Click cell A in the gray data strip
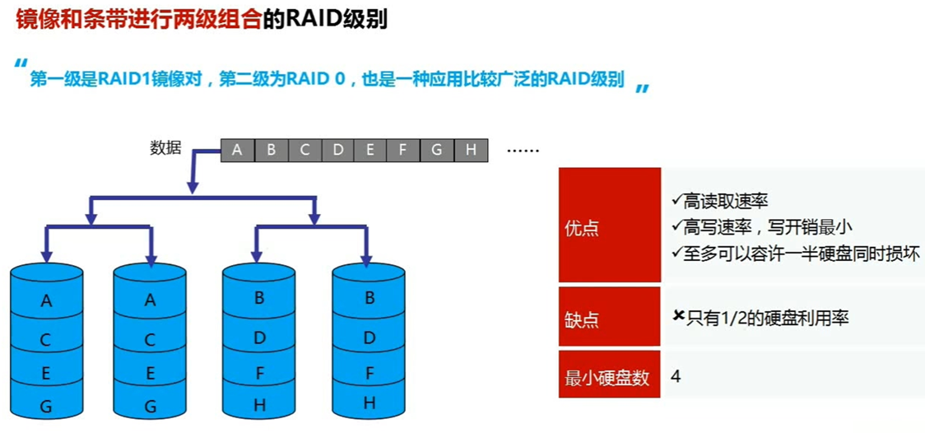[238, 150]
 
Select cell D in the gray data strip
[337, 150]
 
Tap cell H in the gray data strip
[471, 150]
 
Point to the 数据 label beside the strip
[165, 148]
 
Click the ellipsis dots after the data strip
[522, 151]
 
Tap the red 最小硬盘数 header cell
[609, 377]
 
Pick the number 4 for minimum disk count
[676, 376]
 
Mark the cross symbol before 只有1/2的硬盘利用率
[679, 316]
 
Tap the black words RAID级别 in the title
[336, 20]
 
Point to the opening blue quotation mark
[21, 64]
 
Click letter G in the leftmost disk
[46, 406]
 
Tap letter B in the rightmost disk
[370, 298]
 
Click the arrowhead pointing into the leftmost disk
[46, 256]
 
